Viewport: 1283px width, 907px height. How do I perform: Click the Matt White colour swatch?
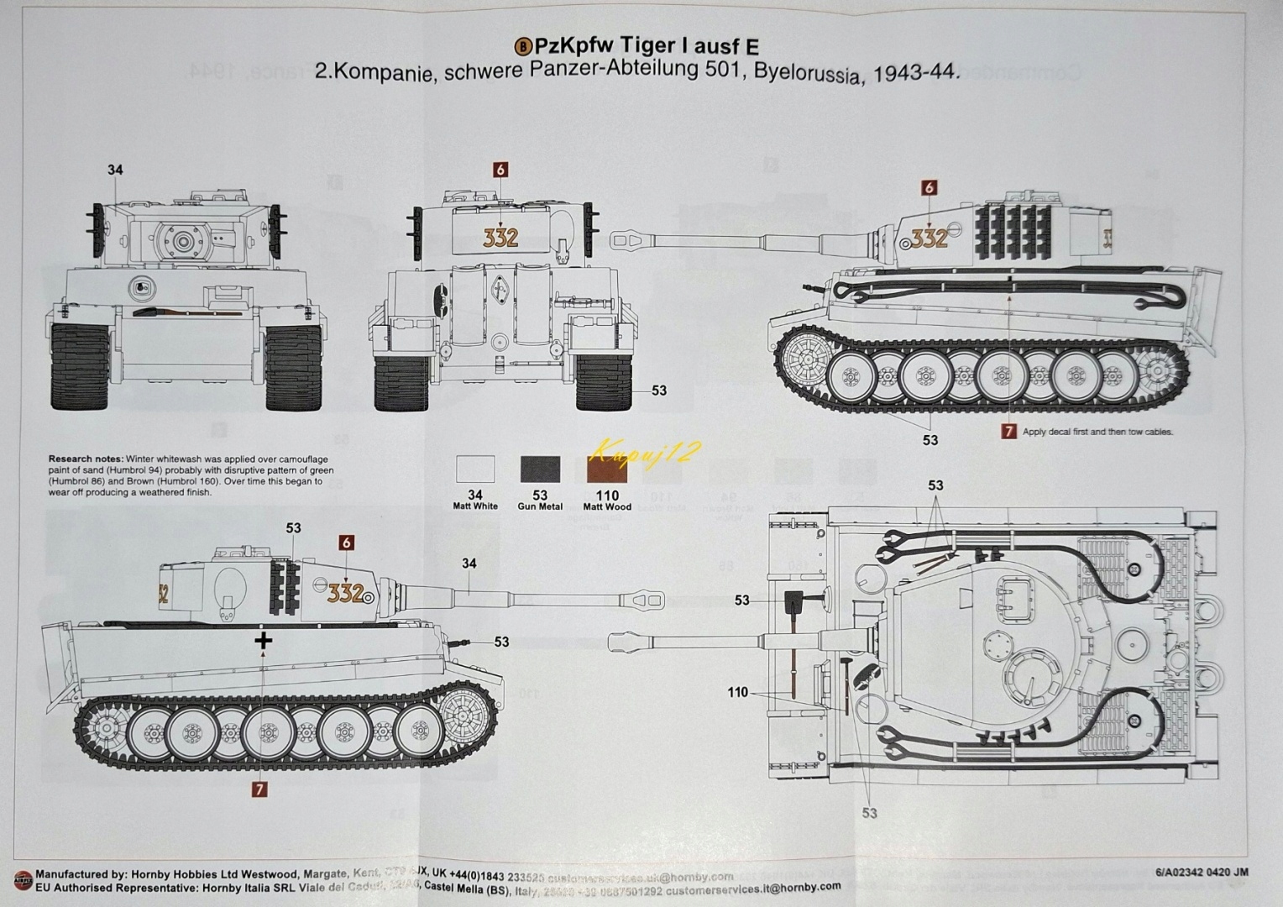475,469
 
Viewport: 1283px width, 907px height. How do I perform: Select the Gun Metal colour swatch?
540,469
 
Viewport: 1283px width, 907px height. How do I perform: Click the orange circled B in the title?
522,48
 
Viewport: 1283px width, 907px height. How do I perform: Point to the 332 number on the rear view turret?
500,238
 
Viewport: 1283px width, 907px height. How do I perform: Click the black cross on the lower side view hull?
264,642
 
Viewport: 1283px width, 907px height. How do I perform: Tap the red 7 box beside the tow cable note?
1008,432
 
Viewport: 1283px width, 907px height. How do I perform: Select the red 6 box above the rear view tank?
500,170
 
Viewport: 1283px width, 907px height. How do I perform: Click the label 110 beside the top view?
737,693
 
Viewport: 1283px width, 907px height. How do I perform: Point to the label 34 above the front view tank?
115,170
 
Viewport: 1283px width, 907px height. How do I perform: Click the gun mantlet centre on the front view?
184,241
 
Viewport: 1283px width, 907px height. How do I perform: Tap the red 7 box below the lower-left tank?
259,789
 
